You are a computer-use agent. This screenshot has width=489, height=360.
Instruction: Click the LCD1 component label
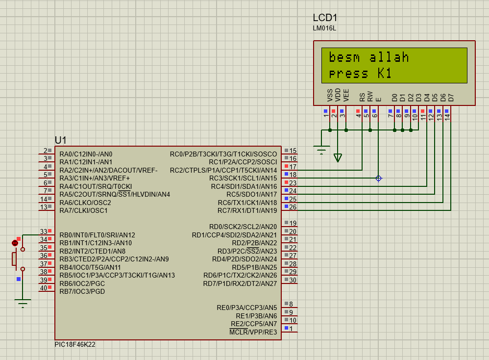pos(325,18)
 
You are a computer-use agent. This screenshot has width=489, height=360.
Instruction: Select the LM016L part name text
pos(324,28)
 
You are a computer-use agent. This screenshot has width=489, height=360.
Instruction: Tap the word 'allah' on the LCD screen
pos(389,57)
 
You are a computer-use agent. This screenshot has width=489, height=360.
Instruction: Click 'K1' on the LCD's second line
pos(385,74)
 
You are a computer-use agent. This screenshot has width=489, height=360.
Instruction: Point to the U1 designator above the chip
pos(60,140)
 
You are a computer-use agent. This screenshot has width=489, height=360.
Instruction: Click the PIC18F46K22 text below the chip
pos(75,345)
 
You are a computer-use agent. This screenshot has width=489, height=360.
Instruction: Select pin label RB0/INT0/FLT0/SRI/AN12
pos(98,235)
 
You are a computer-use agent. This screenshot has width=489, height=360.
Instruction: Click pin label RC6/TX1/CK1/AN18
pos(247,203)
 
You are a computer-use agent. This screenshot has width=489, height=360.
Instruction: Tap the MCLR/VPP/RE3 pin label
pos(253,332)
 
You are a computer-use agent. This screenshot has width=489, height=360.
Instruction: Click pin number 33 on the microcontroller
pos(43,231)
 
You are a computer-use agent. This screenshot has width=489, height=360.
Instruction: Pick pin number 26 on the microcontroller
pos(293,207)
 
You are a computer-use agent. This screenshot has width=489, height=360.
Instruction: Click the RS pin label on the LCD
pos(362,97)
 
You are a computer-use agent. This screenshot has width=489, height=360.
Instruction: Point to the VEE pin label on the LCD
pos(346,95)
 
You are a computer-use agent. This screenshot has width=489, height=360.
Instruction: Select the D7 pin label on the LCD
pos(451,98)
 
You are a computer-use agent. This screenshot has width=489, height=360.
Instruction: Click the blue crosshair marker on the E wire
pos(379,178)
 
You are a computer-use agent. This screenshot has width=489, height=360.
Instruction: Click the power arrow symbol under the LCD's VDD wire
pos(338,157)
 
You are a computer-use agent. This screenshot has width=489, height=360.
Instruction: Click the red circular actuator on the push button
pos(15,243)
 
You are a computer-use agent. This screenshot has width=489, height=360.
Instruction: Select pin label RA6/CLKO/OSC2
pos(85,203)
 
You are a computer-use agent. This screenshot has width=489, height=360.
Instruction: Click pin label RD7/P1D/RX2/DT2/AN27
pos(240,284)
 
